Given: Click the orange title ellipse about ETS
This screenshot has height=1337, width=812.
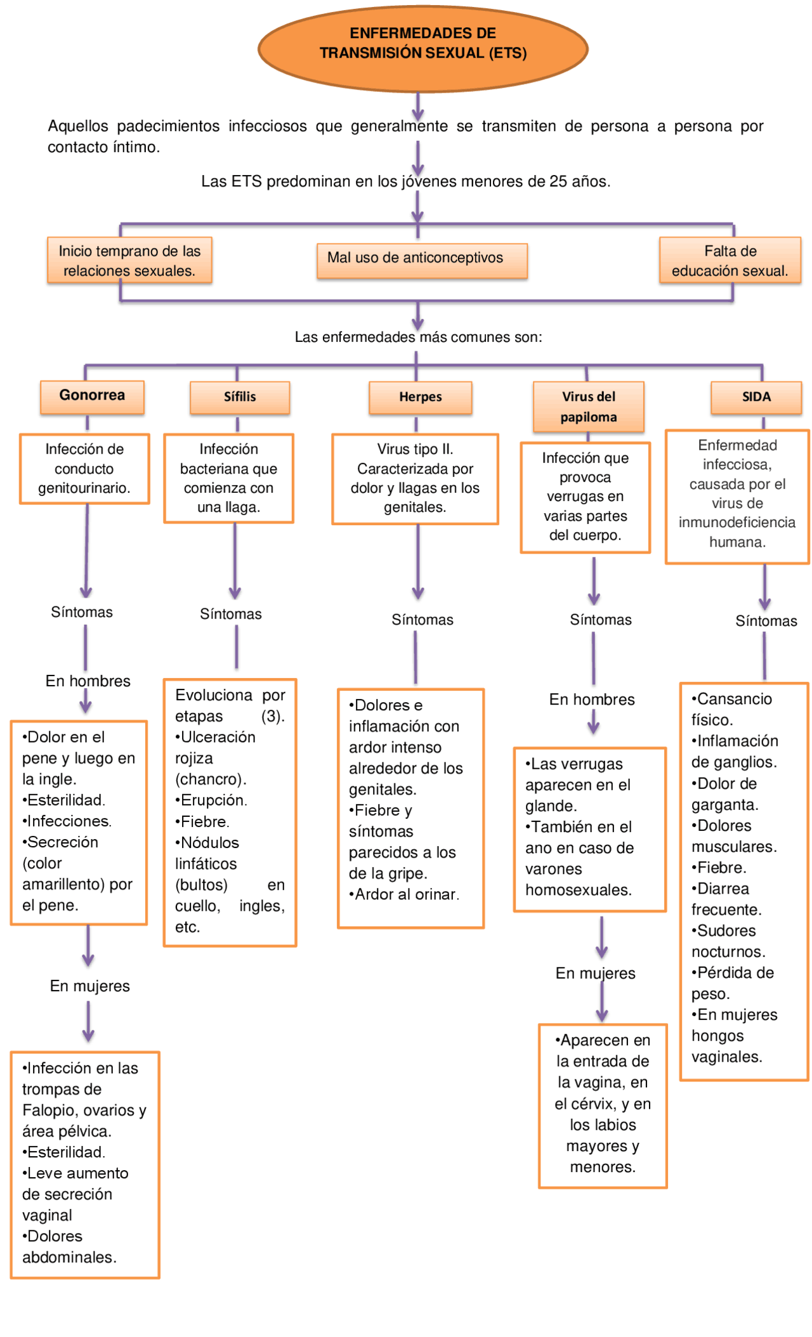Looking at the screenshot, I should [422, 48].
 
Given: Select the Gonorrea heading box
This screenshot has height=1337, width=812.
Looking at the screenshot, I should [92, 396].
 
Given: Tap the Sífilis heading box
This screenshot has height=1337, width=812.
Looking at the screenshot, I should [240, 397].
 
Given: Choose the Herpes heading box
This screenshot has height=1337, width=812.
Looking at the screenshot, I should [420, 397].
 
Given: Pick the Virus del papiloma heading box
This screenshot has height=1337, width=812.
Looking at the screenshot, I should [588, 407].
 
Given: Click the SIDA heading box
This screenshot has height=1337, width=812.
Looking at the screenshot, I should [756, 397].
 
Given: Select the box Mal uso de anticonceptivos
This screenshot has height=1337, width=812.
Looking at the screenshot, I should [421, 259].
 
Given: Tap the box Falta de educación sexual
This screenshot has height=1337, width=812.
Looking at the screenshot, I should [730, 261].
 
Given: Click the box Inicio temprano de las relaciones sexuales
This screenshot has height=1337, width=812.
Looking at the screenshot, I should [129, 261].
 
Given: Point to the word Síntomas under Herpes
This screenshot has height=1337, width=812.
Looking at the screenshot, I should [422, 620].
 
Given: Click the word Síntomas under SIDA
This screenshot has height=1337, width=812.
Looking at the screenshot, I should [766, 621].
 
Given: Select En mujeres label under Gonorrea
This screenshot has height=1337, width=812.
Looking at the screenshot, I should [89, 986].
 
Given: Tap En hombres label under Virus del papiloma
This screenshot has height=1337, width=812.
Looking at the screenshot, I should [591, 699].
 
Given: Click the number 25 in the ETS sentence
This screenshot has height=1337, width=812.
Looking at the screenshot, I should [558, 181].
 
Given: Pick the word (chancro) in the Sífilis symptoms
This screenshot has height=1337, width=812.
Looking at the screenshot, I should [210, 779].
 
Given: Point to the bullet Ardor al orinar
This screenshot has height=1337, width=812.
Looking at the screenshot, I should [405, 894].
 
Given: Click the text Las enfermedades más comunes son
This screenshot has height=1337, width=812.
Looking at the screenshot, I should [418, 337].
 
